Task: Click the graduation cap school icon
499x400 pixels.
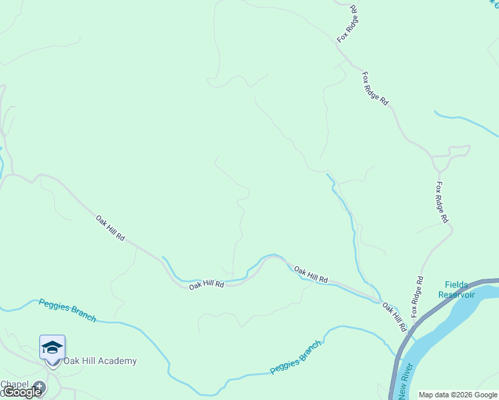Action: point(52,347)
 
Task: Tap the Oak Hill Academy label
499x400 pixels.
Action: point(100,361)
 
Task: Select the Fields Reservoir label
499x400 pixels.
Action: point(456,289)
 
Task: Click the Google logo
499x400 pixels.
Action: point(22,392)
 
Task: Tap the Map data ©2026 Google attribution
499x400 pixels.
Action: point(458,395)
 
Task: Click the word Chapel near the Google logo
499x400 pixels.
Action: point(15,384)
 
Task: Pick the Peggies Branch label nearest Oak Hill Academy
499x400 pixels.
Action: point(67,310)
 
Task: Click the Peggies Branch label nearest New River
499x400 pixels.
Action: point(296,358)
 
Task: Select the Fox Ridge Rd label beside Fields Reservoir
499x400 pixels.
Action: point(417,297)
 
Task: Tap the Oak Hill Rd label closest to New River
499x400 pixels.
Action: point(394,317)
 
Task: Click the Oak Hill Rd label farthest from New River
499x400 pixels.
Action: point(110,227)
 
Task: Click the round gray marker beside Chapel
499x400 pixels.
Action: point(40,386)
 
